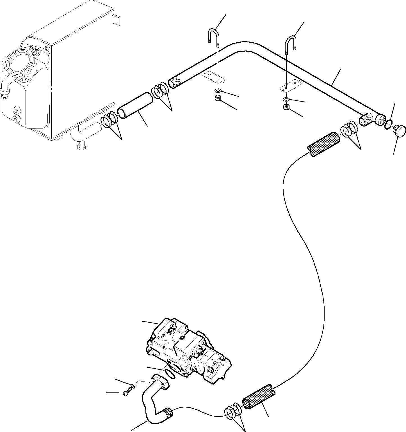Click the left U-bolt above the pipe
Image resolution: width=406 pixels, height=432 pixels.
[x=213, y=35]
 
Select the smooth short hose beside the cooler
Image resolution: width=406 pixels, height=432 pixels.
[x=135, y=106]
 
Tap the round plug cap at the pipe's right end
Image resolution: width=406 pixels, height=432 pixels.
[x=400, y=131]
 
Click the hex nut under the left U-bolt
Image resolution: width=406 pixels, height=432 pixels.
[x=217, y=98]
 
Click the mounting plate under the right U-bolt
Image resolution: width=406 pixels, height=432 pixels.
[x=290, y=85]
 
